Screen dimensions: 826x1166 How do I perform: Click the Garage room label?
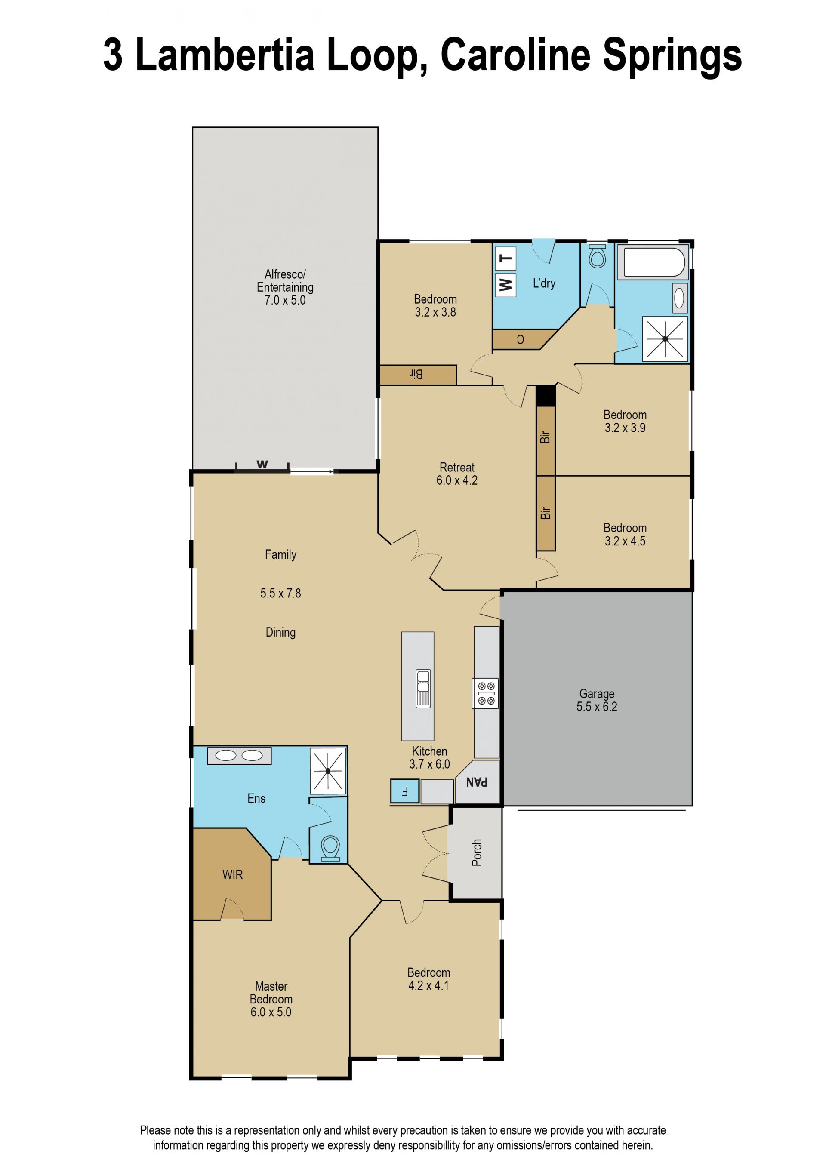pos(597,700)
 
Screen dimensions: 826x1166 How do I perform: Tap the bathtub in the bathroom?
pos(653,262)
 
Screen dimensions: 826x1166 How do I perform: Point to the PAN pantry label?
pos(477,782)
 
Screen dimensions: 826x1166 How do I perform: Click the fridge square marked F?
pos(405,791)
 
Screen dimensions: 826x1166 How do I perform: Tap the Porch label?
pos(477,852)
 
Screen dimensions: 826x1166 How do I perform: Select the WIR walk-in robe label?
pos(232,875)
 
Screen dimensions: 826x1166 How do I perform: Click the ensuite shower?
pos(329,770)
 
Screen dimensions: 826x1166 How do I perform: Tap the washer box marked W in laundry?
pos(505,285)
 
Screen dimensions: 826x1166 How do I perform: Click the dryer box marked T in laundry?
pos(505,258)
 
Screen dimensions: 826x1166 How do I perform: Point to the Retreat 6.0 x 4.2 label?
pos(457,474)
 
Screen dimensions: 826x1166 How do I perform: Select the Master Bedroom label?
pos(271,999)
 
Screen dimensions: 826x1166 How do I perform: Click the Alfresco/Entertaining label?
pos(285,287)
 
